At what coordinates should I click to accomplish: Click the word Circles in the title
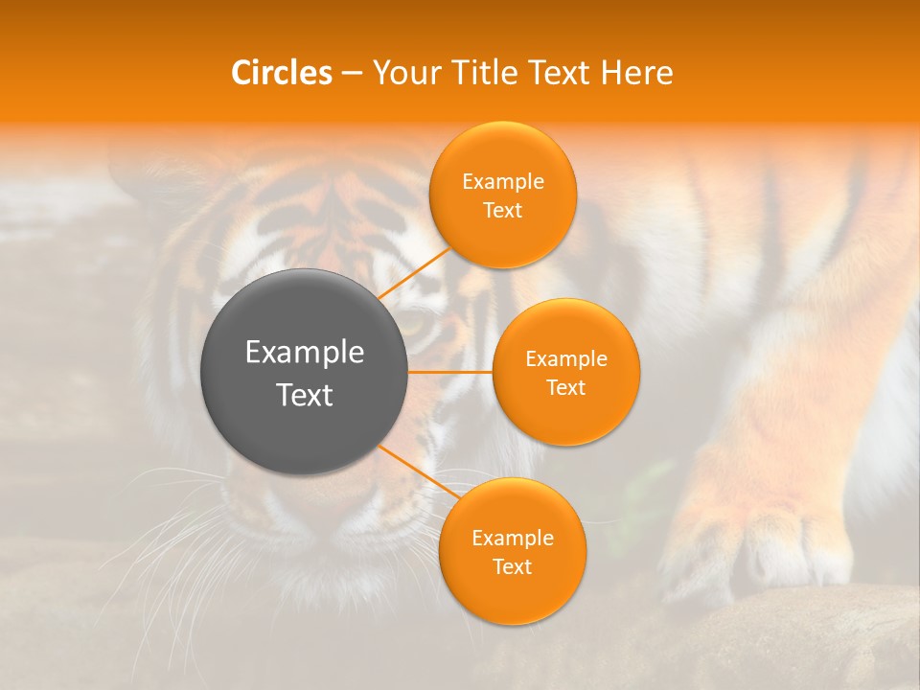(x=282, y=73)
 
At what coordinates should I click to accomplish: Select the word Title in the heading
(x=496, y=73)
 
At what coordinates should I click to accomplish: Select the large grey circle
(x=304, y=372)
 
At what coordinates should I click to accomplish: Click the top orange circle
(x=503, y=195)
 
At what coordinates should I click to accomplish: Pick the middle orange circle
(x=565, y=372)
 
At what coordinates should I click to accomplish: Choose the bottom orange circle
(x=512, y=551)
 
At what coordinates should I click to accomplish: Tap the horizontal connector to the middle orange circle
(x=449, y=371)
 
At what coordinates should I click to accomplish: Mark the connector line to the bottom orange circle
(x=412, y=469)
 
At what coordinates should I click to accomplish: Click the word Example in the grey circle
(x=305, y=353)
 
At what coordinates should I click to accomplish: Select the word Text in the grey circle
(x=305, y=395)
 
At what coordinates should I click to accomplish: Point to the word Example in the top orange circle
(x=503, y=182)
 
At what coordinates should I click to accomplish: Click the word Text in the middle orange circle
(x=565, y=387)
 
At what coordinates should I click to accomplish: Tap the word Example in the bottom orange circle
(x=513, y=538)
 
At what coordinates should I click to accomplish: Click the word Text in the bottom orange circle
(x=512, y=566)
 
